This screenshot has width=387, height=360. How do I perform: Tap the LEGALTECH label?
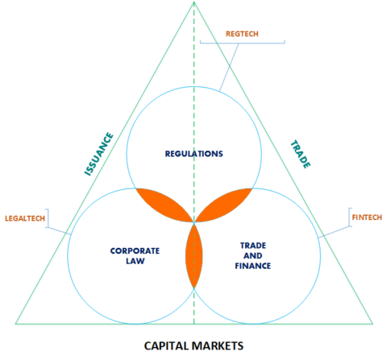coord(23,218)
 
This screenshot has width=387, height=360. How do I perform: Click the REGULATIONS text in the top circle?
coord(194,153)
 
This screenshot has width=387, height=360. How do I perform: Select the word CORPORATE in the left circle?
coord(135,250)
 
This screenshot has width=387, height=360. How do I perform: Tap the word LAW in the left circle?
coord(135,260)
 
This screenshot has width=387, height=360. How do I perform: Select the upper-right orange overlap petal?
coord(225,204)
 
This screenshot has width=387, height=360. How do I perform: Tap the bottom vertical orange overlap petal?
coord(194,255)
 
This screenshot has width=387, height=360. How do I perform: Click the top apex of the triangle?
coord(194,3)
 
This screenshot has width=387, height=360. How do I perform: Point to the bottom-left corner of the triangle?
coord(15,323)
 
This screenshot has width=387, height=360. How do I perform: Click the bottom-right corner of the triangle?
coord(373,323)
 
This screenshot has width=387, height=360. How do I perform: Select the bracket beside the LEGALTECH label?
coord(48,219)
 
